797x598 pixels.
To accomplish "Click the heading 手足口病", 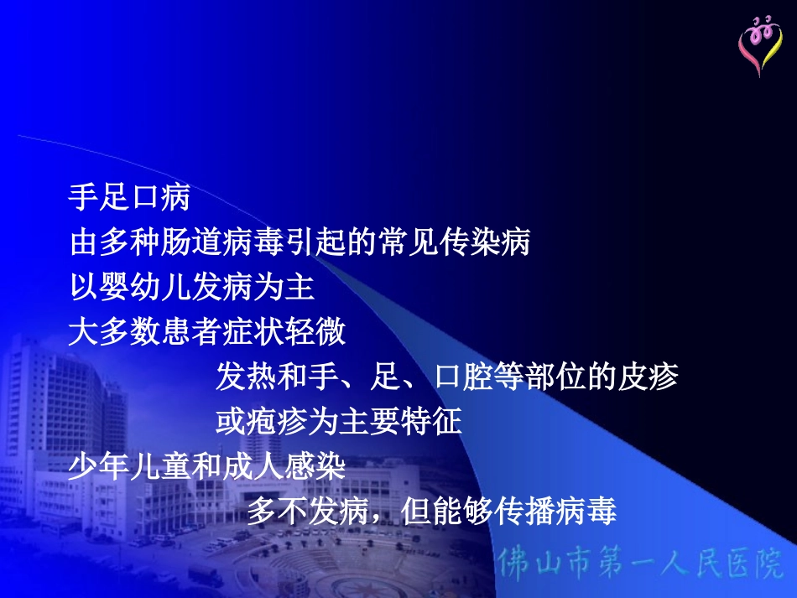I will pos(129,199).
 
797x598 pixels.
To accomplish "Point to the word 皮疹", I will pos(648,377).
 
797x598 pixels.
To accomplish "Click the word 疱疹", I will pos(278,422).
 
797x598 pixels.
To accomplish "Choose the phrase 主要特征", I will pos(401,422).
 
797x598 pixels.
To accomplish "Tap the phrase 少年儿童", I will pos(129,466).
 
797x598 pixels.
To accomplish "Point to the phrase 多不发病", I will pos(308,511).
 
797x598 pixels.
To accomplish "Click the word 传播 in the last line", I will pos(524,511).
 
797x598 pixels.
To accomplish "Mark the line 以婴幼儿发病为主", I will pos(191,289).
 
